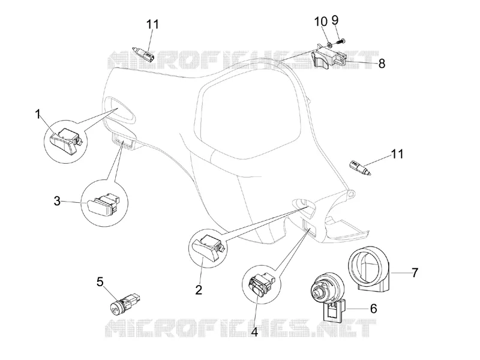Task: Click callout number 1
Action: click(x=38, y=115)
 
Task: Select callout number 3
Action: click(x=57, y=202)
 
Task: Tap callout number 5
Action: click(x=100, y=282)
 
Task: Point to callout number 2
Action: click(x=199, y=290)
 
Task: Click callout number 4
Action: click(x=254, y=332)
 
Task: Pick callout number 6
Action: click(x=373, y=308)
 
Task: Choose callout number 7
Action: click(x=415, y=272)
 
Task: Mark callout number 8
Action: click(x=382, y=64)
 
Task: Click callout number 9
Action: click(x=335, y=20)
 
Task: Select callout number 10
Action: click(x=321, y=22)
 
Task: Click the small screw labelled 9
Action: click(x=341, y=41)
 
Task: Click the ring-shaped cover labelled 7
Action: click(x=369, y=268)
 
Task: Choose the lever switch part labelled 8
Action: click(x=329, y=58)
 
